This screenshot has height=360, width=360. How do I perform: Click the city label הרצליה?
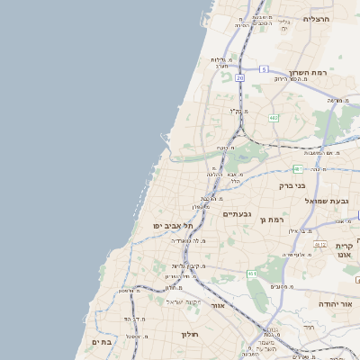(x=317, y=18)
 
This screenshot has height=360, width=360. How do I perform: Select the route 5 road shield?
(x=264, y=68)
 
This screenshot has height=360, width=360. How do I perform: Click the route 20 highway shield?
(x=240, y=78)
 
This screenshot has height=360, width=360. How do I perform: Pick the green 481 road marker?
(x=298, y=168)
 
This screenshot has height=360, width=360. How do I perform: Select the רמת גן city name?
(x=271, y=219)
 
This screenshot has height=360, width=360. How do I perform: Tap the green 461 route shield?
(x=252, y=274)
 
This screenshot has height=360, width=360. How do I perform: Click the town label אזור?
(x=217, y=305)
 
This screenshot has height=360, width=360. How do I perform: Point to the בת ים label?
(x=102, y=342)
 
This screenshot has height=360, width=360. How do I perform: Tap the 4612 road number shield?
(x=319, y=244)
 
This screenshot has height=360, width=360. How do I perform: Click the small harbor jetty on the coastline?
(x=165, y=138)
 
